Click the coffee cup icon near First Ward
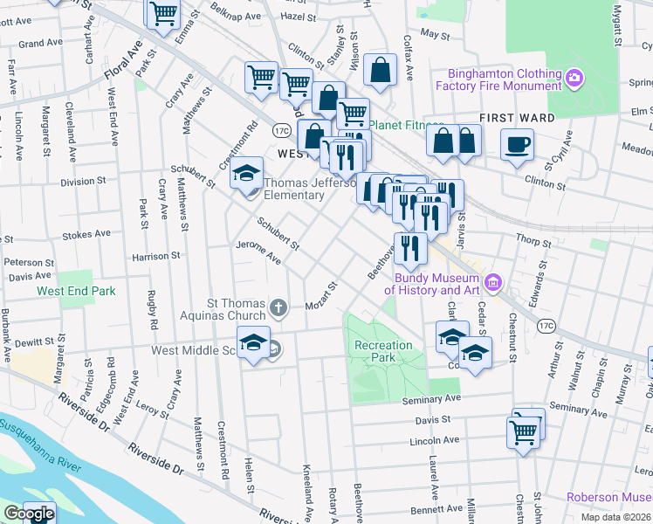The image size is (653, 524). pyautogui.click(x=517, y=144)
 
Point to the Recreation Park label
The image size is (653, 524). pyautogui.click(x=383, y=351)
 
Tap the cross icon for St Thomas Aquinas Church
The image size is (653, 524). pyautogui.click(x=278, y=307)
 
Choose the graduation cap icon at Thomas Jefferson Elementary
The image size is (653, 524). pyautogui.click(x=247, y=170)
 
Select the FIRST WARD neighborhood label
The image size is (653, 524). pyautogui.click(x=517, y=118)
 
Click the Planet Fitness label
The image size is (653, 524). pyautogui.click(x=406, y=125)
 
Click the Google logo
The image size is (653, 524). pyautogui.click(x=28, y=514)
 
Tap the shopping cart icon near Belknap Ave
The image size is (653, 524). pyautogui.click(x=163, y=13)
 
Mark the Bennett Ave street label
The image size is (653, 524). pyautogui.click(x=436, y=507)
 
